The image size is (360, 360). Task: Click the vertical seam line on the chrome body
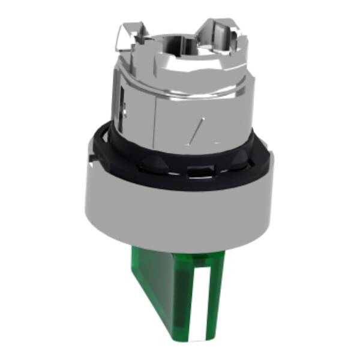[x=155, y=120]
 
